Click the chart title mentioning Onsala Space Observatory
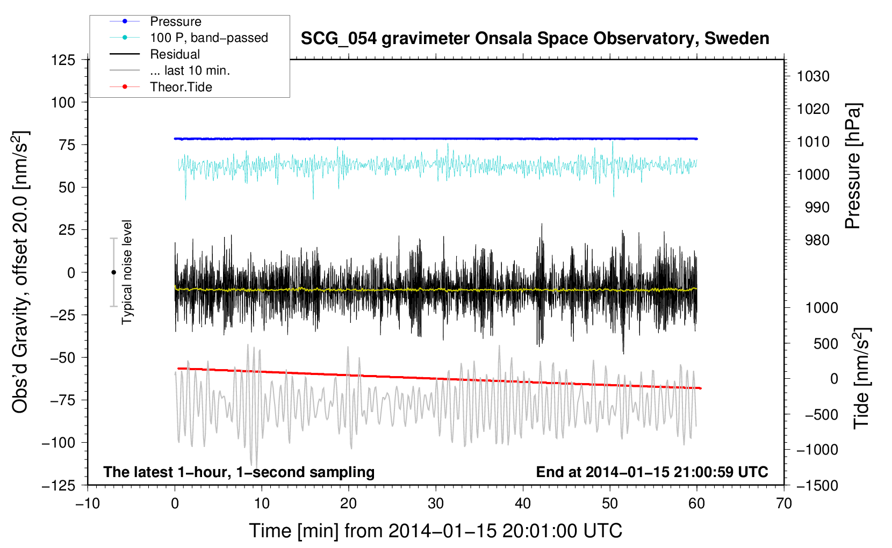(x=535, y=39)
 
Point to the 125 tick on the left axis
(x=63, y=60)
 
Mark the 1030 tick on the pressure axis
(x=813, y=76)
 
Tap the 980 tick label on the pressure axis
(x=817, y=240)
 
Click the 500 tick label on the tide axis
(x=825, y=343)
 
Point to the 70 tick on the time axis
(x=784, y=504)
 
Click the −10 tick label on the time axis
(x=88, y=504)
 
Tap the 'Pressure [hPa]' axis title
(x=853, y=166)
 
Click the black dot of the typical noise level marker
(x=113, y=272)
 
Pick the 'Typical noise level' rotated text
(x=127, y=272)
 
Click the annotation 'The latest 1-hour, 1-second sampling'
(x=239, y=472)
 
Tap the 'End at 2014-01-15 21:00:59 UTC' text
(x=652, y=472)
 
